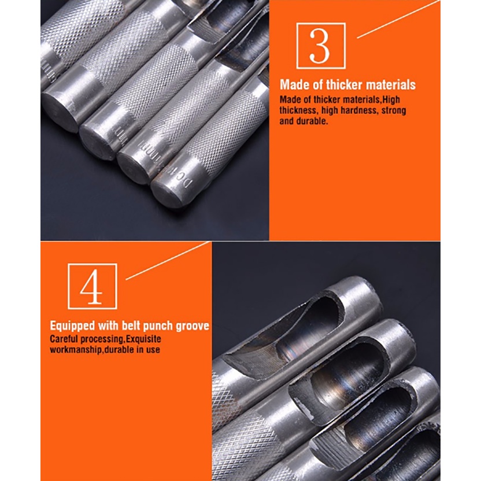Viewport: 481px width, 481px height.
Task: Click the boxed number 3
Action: click(x=320, y=46)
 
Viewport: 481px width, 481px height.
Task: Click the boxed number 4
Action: click(x=91, y=286)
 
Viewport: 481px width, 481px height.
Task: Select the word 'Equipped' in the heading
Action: click(x=73, y=326)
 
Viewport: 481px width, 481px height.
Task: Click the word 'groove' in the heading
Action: click(x=193, y=326)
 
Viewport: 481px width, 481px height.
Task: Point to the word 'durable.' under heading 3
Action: click(x=312, y=121)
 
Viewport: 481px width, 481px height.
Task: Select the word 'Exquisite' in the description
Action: click(x=143, y=339)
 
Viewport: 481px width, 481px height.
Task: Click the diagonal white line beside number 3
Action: click(x=398, y=19)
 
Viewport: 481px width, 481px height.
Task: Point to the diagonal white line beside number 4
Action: click(x=168, y=261)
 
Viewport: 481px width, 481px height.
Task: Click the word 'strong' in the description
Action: click(x=394, y=110)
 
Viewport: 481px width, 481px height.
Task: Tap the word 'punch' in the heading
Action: click(x=158, y=326)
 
